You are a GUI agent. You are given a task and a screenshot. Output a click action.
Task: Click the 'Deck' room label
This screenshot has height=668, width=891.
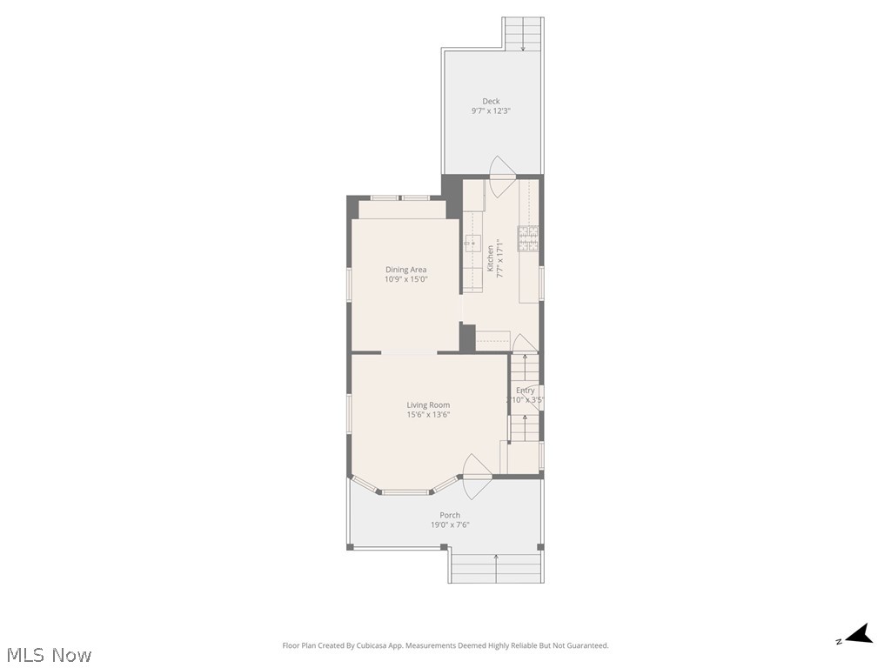pyautogui.click(x=491, y=101)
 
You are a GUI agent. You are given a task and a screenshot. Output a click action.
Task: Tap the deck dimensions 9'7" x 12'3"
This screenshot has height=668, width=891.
pyautogui.click(x=491, y=111)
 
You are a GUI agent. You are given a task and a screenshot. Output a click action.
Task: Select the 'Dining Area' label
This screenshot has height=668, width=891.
pyautogui.click(x=405, y=270)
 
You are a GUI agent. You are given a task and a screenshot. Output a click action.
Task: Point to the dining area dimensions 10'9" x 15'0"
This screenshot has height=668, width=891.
pyautogui.click(x=405, y=280)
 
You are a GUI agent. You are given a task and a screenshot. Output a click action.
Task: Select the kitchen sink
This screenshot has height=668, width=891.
pyautogui.click(x=472, y=243)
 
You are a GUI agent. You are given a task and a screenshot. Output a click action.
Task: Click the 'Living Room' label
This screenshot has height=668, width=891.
pyautogui.click(x=428, y=404)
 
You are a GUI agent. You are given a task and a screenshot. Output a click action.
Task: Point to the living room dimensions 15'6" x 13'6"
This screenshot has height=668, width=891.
pyautogui.click(x=428, y=415)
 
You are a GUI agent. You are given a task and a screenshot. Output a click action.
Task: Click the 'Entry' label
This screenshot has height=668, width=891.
pyautogui.click(x=526, y=391)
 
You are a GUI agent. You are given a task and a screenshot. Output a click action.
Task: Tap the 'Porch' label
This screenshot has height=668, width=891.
pyautogui.click(x=450, y=515)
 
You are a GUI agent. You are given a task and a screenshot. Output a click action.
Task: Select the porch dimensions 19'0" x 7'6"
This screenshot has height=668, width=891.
pyautogui.click(x=450, y=525)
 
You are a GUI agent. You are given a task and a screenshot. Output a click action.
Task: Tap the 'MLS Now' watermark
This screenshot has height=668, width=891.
pyautogui.click(x=49, y=655)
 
